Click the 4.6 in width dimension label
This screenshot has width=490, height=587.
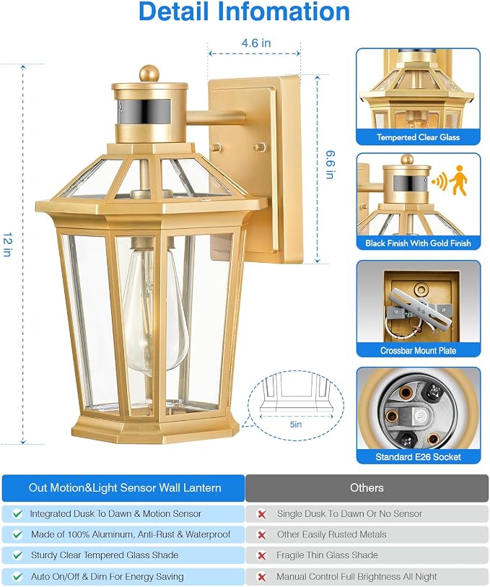(x=256, y=43)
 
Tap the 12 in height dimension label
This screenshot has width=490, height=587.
(x=8, y=245)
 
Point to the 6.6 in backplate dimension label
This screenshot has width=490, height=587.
(x=331, y=165)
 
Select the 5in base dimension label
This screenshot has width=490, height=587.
(x=295, y=424)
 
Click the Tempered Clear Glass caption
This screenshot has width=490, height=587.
(x=418, y=137)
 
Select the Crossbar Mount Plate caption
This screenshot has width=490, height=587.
(x=418, y=351)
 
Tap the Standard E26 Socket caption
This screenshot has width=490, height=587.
(x=418, y=457)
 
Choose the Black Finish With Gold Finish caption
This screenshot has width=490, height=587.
(x=418, y=243)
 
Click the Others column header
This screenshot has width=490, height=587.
(x=367, y=487)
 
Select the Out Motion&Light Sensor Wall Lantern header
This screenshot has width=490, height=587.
(x=125, y=488)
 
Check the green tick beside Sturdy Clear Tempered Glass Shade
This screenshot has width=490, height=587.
(x=17, y=555)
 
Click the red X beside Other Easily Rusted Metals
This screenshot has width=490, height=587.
(x=262, y=535)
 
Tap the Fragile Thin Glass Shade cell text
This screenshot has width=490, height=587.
(x=328, y=555)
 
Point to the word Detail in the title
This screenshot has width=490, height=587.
(x=174, y=12)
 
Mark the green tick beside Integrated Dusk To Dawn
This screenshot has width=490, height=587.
(x=17, y=514)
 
